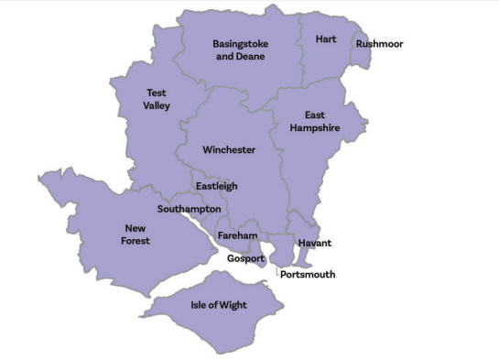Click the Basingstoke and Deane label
[239, 49]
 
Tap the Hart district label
[325, 39]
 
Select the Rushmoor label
[379, 44]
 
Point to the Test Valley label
[157, 99]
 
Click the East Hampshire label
[315, 122]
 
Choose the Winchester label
[229, 149]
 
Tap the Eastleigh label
[216, 186]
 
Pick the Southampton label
[189, 209]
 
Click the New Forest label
[136, 235]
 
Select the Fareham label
[237, 236]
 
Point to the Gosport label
[245, 259]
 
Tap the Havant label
[314, 244]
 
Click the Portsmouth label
[308, 275]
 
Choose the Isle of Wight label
[218, 305]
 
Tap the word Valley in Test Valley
[157, 105]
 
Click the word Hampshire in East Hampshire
[315, 128]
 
